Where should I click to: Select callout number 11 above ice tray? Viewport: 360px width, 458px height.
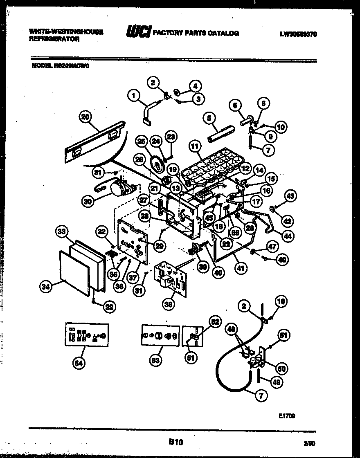pos(194,145)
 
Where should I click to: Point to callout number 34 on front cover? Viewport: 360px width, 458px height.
pos(46,287)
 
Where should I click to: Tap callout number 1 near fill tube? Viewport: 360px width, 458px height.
pos(132,96)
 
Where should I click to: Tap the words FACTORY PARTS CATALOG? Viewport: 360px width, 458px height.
pos(196,33)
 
